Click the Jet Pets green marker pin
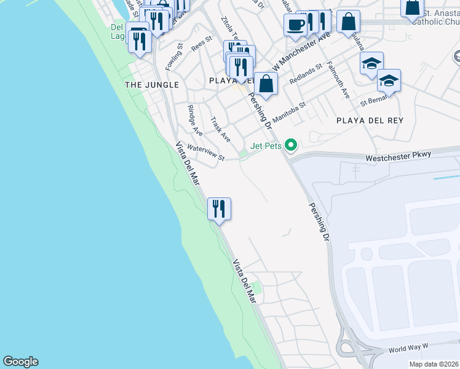pyautogui.click(x=291, y=145)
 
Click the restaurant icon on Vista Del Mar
pyautogui.click(x=219, y=209)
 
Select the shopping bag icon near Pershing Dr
pyautogui.click(x=266, y=84)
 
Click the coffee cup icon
pyautogui.click(x=295, y=25)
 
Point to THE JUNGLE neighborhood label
pyautogui.click(x=152, y=85)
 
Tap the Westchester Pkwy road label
pyautogui.click(x=399, y=157)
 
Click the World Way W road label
pyautogui.click(x=408, y=349)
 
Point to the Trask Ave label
pyautogui.click(x=220, y=129)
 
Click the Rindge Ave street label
pyautogui.click(x=195, y=120)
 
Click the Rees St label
pyautogui.click(x=201, y=42)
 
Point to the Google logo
pyautogui.click(x=20, y=362)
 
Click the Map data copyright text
pyautogui.click(x=434, y=364)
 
